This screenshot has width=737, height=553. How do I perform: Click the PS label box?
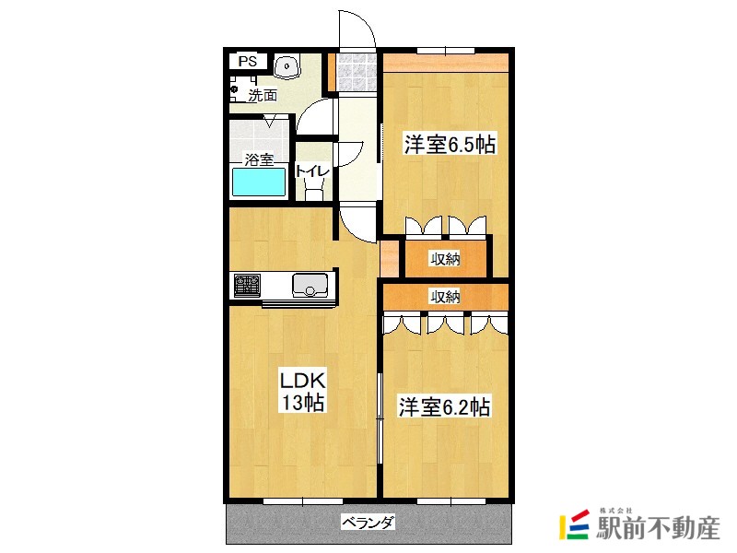click(247, 62)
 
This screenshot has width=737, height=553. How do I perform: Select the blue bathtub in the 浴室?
click(259, 182)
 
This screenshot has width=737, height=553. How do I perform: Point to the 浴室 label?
click(259, 159)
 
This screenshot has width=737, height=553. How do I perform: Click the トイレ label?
click(312, 171)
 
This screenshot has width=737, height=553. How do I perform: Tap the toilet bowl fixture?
click(313, 189)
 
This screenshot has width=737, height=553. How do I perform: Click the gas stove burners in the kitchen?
click(247, 286)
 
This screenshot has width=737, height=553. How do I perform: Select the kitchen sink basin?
click(310, 286)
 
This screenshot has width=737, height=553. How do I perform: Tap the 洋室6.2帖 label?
click(444, 406)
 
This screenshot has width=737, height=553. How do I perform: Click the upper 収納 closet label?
click(446, 259)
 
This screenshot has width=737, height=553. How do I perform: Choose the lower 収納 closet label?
click(446, 296)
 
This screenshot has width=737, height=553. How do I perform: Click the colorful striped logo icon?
click(575, 524)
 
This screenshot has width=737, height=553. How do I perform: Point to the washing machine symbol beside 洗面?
click(238, 86)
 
